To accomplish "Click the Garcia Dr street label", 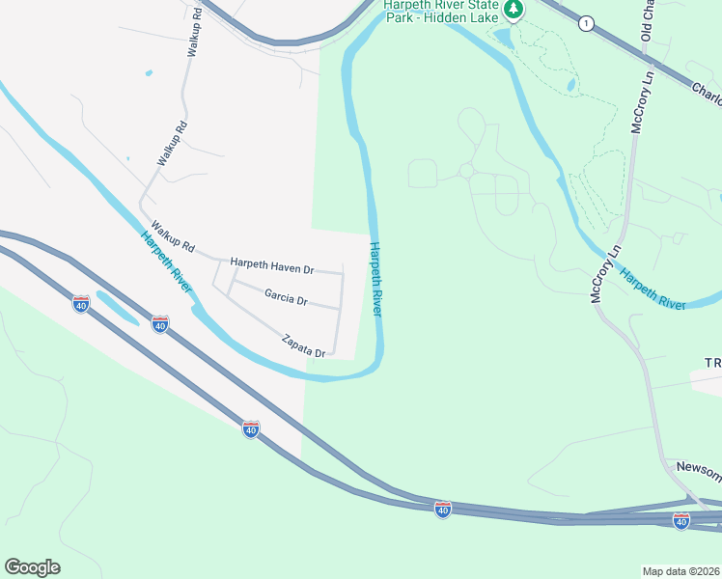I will click(x=285, y=300).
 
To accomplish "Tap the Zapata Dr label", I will click(x=304, y=346).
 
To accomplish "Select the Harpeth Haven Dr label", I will click(x=272, y=263).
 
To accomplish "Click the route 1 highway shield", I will click(x=585, y=23).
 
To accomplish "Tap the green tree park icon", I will click(x=514, y=10).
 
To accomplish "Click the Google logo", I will click(x=32, y=567).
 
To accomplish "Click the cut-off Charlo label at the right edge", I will click(x=707, y=95).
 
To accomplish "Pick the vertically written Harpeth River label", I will click(x=376, y=280).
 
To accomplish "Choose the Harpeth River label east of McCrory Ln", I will click(x=653, y=290).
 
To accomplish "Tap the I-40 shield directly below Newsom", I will click(x=681, y=520).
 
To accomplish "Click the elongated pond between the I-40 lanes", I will click(x=116, y=309).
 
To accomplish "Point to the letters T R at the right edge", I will click(x=712, y=362).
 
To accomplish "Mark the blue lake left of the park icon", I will click(x=502, y=38).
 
